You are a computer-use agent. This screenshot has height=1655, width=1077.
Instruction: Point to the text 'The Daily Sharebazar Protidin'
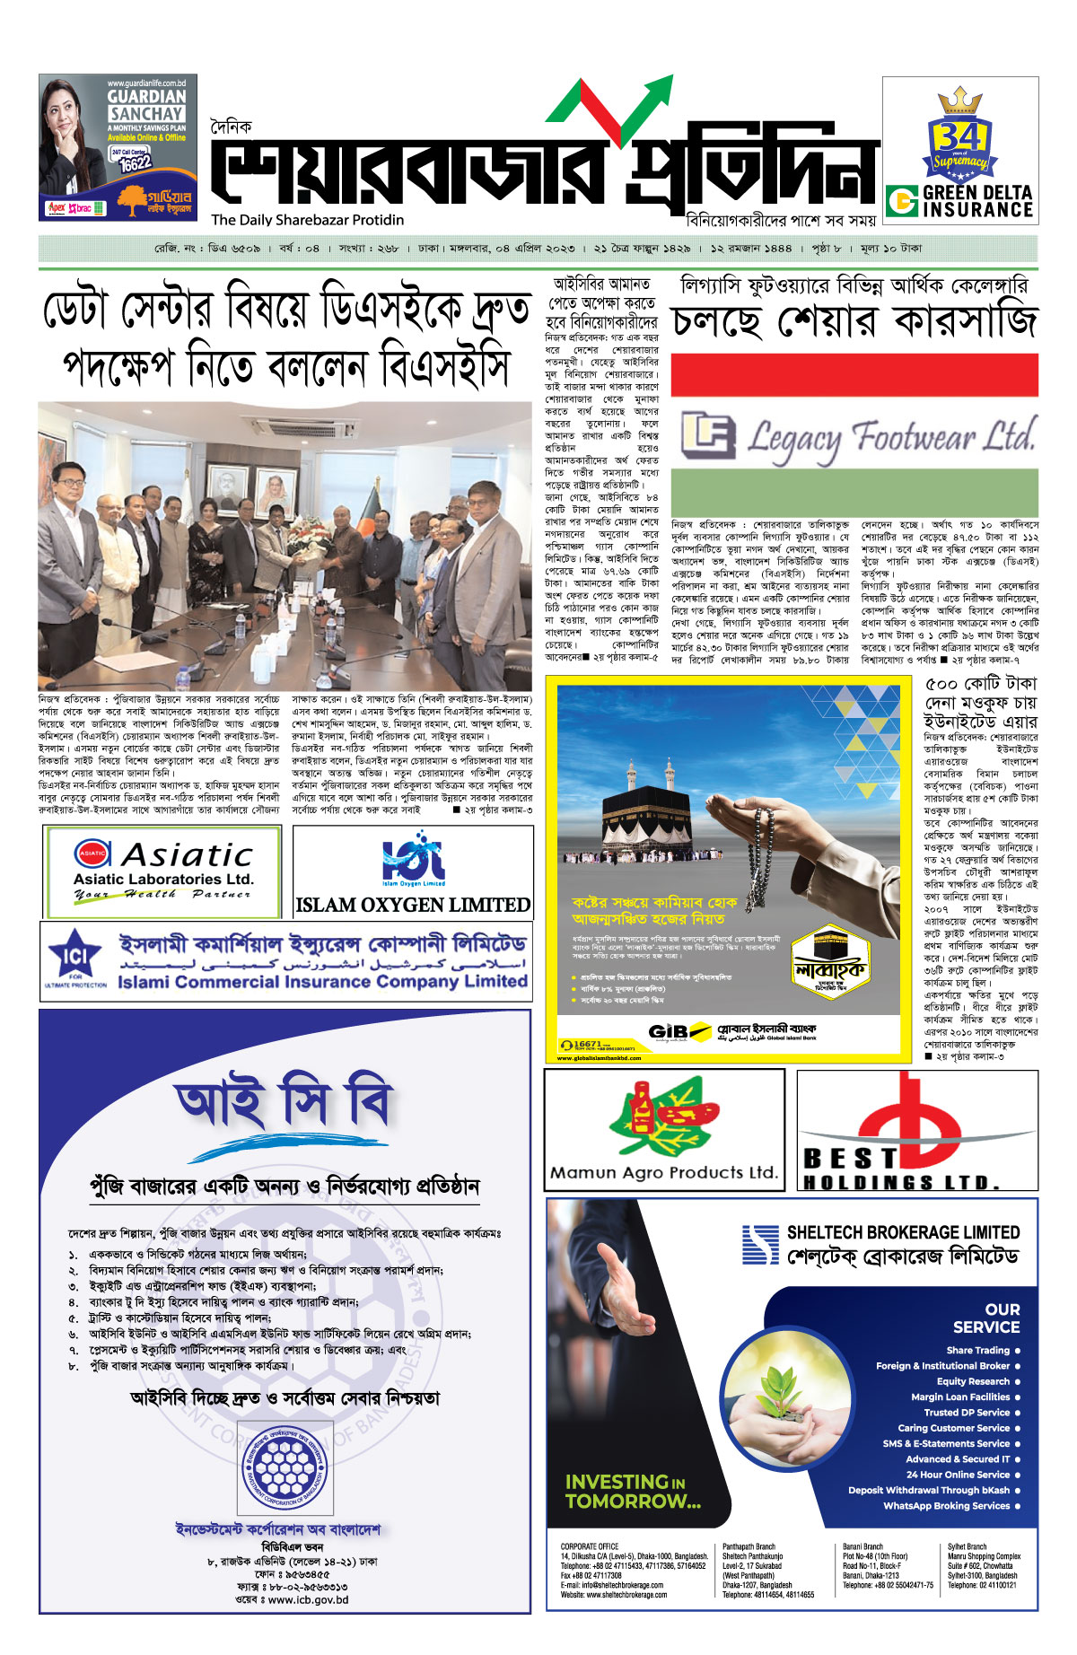click(308, 220)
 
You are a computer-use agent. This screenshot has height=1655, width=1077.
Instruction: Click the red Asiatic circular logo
click(92, 854)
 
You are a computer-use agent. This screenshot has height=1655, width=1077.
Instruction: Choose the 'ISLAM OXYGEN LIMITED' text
click(413, 905)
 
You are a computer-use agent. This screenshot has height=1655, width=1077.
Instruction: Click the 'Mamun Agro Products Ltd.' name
click(664, 1172)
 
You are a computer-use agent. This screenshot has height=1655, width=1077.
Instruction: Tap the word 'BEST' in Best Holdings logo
click(850, 1159)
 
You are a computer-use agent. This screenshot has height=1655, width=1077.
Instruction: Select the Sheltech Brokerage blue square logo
click(760, 1244)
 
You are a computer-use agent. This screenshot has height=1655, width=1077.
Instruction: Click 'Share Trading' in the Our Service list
click(977, 1350)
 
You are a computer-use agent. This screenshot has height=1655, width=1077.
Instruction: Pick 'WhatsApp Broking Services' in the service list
click(946, 1505)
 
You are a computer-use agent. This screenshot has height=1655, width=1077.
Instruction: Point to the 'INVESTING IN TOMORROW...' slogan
click(632, 1491)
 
